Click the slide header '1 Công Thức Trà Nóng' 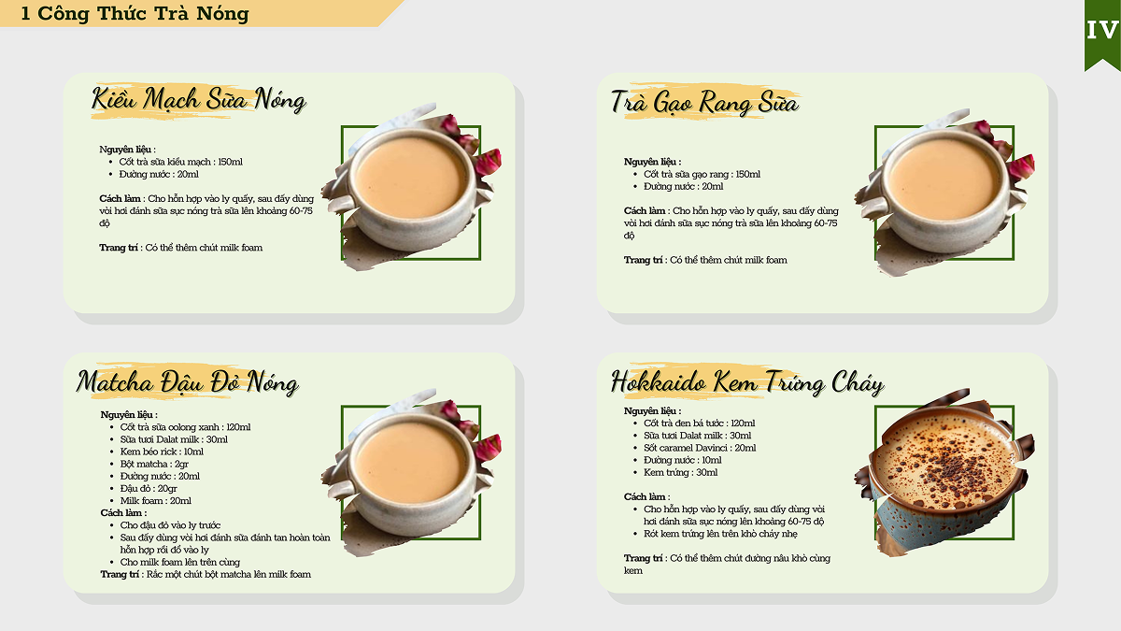tap(135, 13)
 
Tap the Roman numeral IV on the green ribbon tap(1102, 31)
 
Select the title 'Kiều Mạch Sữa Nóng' tap(199, 99)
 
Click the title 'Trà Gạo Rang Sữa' tap(704, 103)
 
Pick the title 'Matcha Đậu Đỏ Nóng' tap(188, 382)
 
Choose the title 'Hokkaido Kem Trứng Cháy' tap(747, 382)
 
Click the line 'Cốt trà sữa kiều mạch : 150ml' tap(180, 162)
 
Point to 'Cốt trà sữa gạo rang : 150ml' tap(702, 174)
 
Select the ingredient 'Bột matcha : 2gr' tap(154, 465)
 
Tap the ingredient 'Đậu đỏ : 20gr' tap(149, 488)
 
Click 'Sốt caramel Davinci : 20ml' tap(700, 448)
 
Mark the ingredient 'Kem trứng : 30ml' tap(681, 472)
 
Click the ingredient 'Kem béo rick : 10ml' tap(162, 452)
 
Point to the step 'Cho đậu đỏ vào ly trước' tap(170, 525)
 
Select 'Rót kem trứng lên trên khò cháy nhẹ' tap(720, 534)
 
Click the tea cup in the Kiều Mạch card tap(411, 188)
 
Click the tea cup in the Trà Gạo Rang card tap(944, 192)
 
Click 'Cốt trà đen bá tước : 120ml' tap(699, 423)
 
